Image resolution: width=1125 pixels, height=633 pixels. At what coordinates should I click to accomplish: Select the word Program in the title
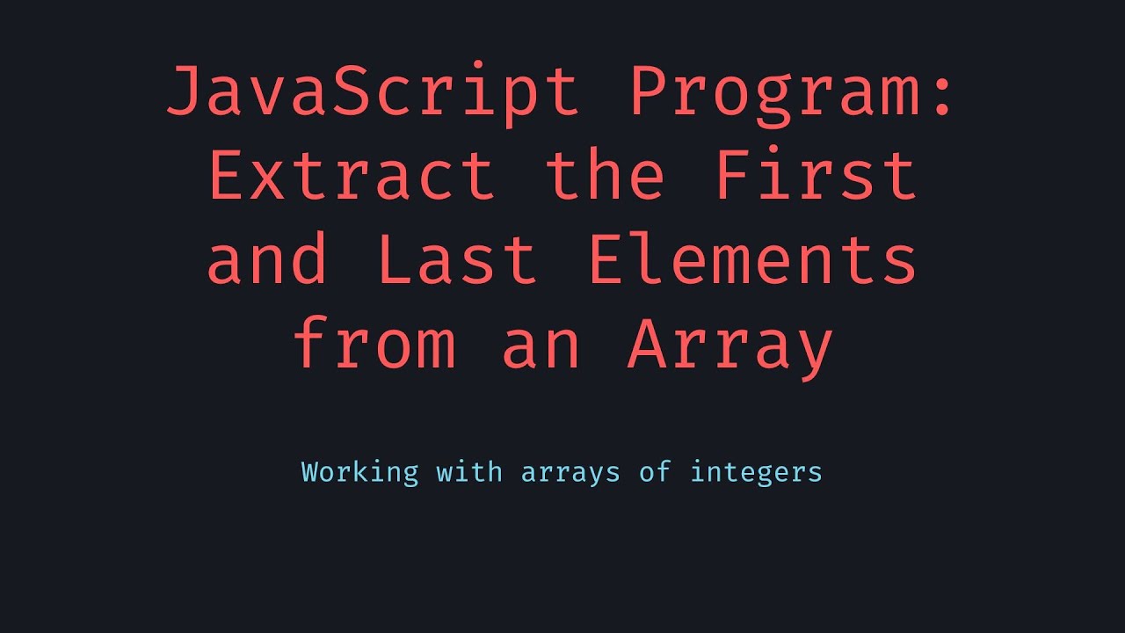(774, 92)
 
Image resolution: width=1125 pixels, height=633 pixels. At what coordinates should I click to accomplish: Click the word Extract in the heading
(352, 176)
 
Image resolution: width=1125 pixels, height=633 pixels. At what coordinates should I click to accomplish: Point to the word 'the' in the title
(605, 176)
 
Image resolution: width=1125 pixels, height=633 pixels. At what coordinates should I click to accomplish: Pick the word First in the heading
(817, 176)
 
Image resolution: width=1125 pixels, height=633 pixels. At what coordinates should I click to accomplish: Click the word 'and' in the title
(268, 261)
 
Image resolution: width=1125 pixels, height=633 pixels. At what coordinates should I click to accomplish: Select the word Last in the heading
(457, 261)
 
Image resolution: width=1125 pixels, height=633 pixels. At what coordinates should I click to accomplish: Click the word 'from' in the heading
(374, 346)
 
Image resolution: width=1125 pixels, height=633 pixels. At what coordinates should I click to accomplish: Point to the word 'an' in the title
(541, 346)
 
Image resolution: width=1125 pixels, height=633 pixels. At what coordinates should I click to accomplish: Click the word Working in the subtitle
(360, 472)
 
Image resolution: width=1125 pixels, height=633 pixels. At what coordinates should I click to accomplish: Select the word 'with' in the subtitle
(469, 472)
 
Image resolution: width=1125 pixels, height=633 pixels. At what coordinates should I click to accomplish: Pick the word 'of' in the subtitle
(655, 472)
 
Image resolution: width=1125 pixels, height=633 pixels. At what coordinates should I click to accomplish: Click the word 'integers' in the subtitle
(756, 472)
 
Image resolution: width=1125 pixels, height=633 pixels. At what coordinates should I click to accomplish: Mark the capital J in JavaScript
(185, 92)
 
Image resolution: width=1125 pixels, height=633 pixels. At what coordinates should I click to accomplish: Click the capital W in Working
(309, 472)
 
